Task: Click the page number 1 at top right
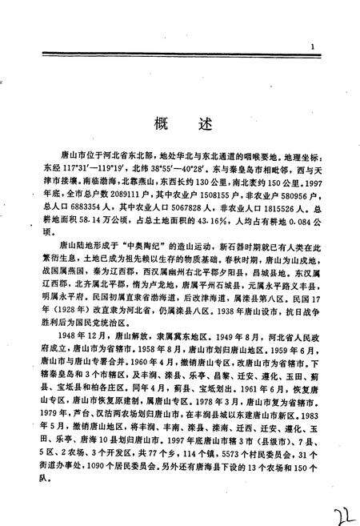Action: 313,46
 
